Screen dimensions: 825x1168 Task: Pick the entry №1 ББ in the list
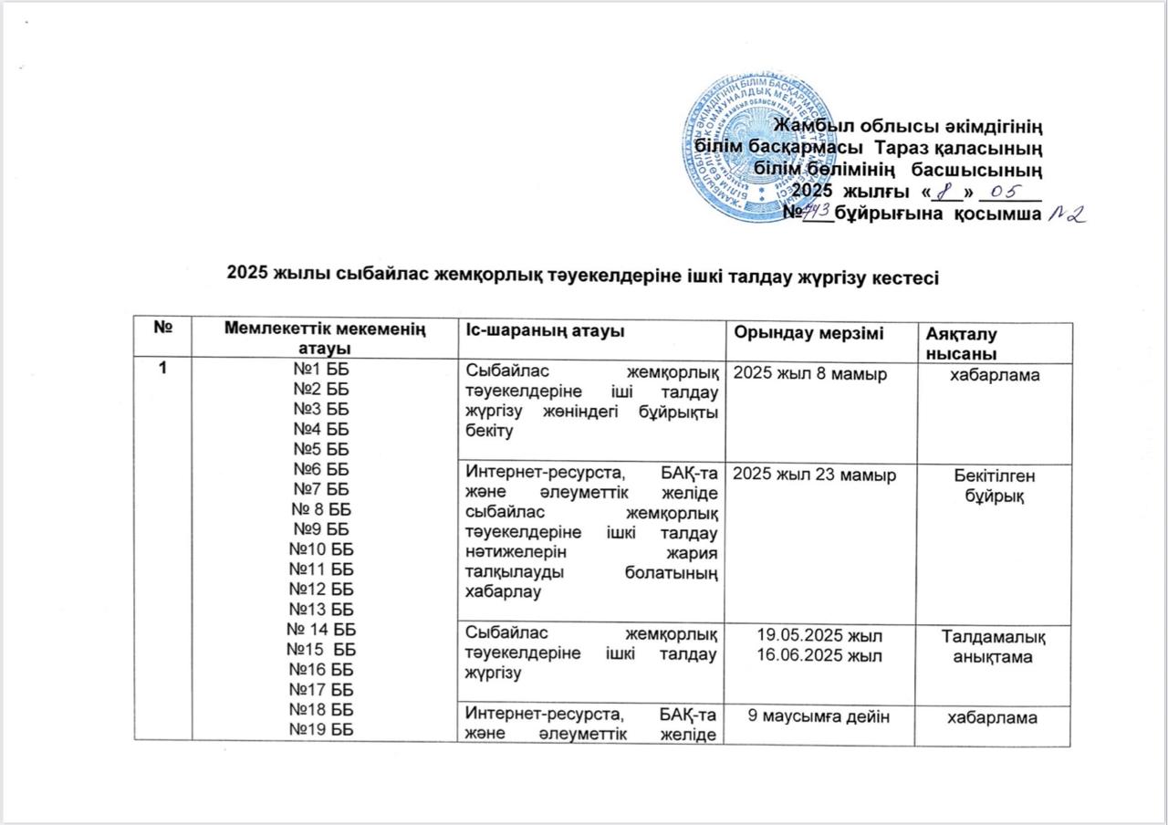[x=325, y=369]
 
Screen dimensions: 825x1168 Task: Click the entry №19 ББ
[x=325, y=727]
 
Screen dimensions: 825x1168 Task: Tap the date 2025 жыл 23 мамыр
[x=815, y=474]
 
